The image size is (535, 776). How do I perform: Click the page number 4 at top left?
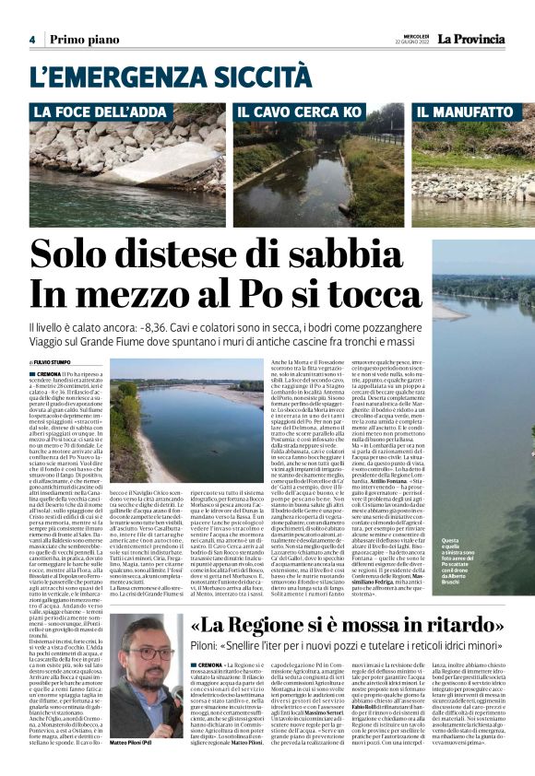[31, 40]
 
